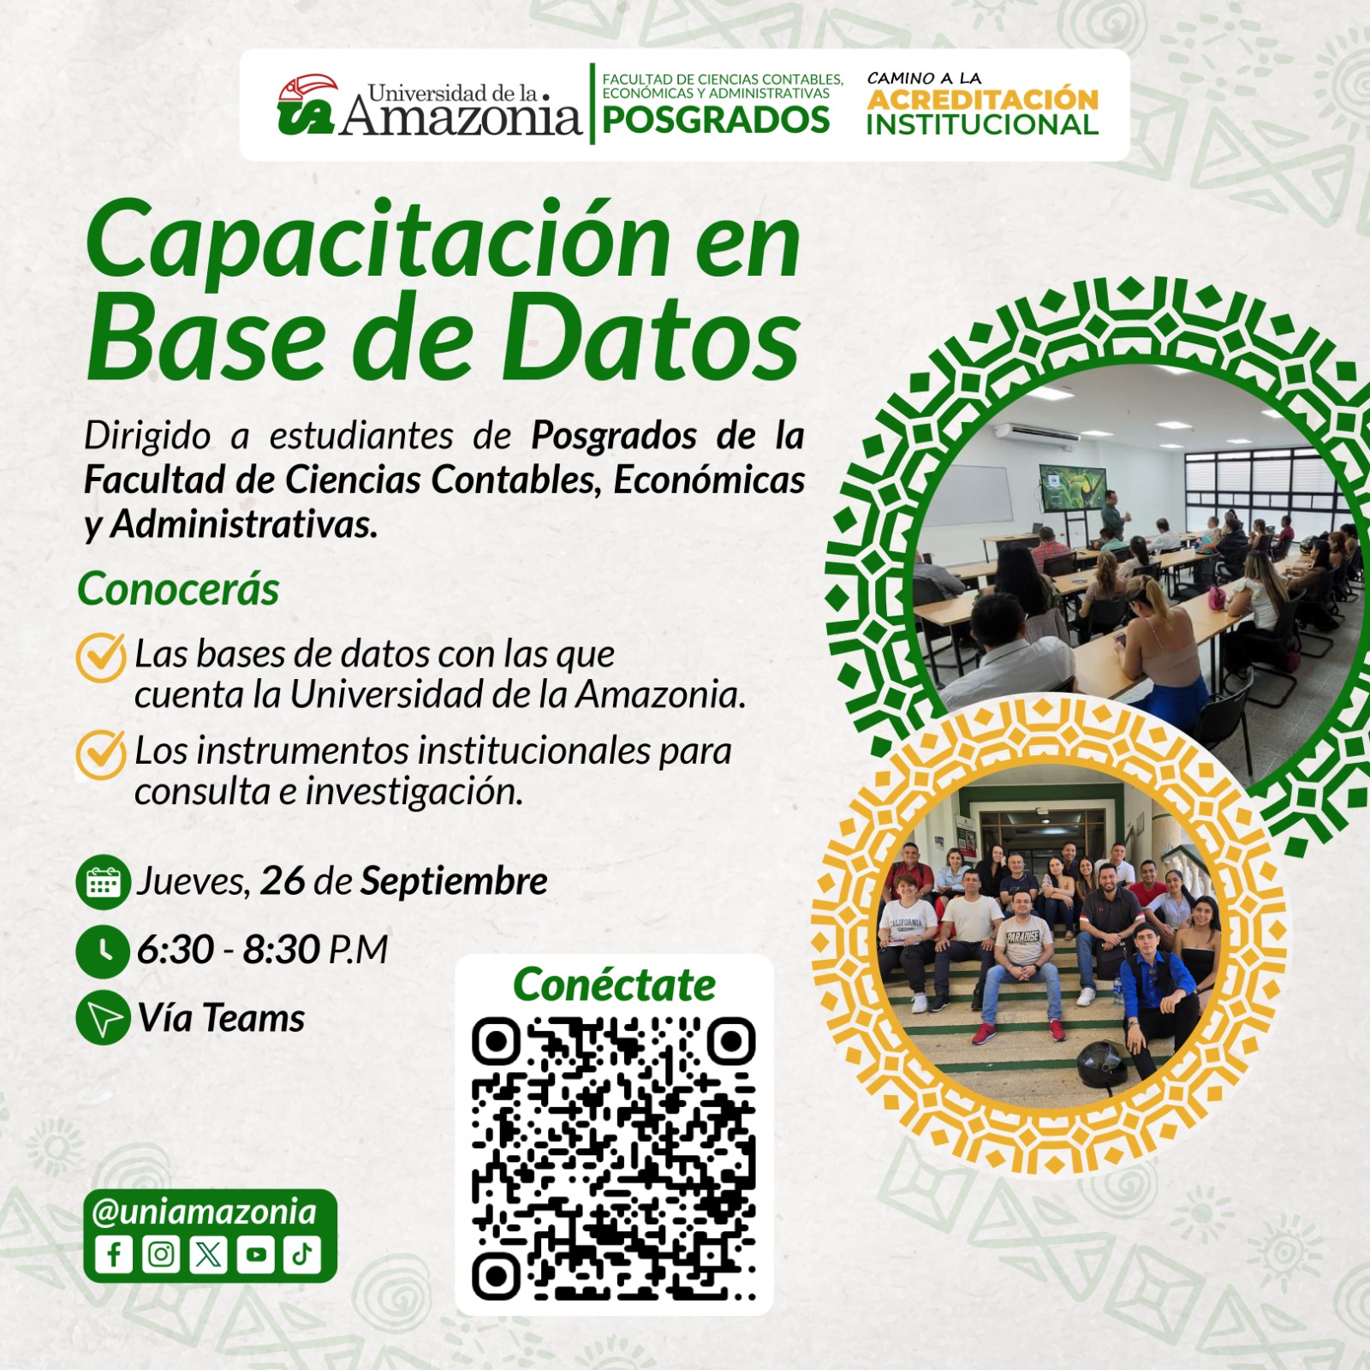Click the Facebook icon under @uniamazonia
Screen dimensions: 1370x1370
[x=114, y=1254]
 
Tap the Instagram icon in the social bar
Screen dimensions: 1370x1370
[x=161, y=1254]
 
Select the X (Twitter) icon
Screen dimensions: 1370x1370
[x=208, y=1254]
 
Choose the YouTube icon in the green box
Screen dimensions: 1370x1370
[x=255, y=1254]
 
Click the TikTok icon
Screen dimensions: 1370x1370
[x=302, y=1254]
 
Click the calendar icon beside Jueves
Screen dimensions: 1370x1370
[x=103, y=882]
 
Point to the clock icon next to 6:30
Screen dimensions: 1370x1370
[x=103, y=950]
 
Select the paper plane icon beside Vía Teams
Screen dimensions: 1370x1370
[x=103, y=1019]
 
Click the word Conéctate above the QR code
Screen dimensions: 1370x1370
[x=614, y=985]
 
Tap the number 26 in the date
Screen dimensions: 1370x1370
[x=283, y=881]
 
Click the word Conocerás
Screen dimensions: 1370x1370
[x=178, y=589]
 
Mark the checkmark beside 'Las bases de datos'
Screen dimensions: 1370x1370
[x=102, y=657]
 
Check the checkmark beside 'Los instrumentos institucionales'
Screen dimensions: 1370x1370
[x=102, y=753]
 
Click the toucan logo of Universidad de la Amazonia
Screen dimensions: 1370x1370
[x=307, y=104]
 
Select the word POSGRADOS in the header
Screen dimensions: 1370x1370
[x=716, y=120]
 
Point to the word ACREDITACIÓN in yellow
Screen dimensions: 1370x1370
[x=982, y=99]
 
